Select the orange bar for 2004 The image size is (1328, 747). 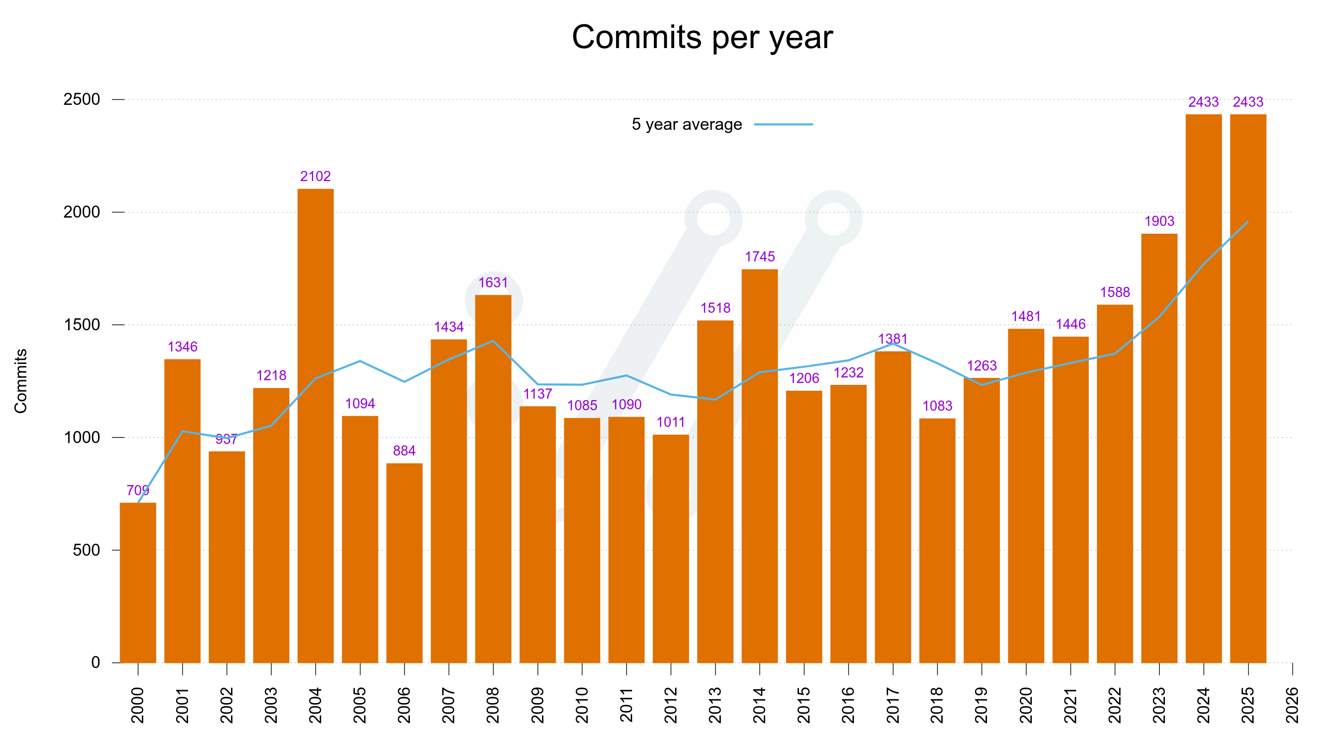pos(316,425)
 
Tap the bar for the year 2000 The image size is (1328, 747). pos(138,583)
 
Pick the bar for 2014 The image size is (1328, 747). pos(759,466)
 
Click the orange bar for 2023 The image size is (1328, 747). pos(1159,448)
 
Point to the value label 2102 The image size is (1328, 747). pos(316,176)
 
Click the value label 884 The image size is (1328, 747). pos(404,450)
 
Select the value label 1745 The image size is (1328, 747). pos(759,257)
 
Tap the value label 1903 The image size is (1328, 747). pos(1159,221)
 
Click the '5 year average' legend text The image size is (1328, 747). pos(687,124)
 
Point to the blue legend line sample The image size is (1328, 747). pos(783,124)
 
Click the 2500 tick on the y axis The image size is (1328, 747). pos(81,99)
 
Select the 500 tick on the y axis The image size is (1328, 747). pos(86,550)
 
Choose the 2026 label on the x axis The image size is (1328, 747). pos(1292,704)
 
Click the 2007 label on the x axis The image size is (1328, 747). pos(449,704)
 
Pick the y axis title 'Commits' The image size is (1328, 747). pos(21,381)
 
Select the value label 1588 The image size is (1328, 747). pos(1115,292)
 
